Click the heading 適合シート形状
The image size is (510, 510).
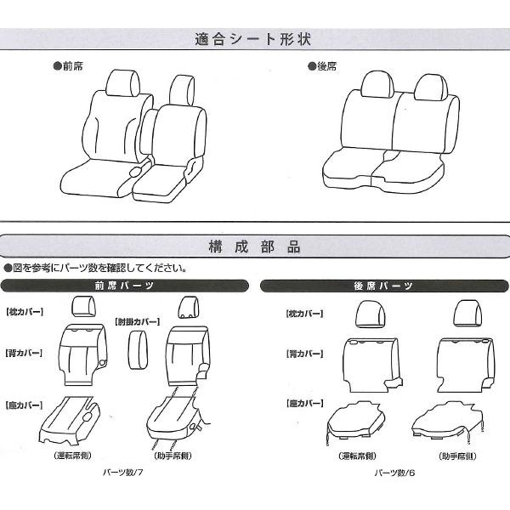click(253, 39)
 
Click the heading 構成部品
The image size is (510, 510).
click(254, 246)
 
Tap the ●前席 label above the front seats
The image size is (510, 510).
click(68, 66)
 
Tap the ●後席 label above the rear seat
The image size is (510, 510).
click(322, 66)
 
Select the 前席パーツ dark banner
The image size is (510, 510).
click(125, 286)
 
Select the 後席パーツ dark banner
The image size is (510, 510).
click(384, 286)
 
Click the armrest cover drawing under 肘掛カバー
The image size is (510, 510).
click(138, 350)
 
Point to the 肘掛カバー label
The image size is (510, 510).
click(137, 322)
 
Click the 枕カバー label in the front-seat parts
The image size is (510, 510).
click(25, 312)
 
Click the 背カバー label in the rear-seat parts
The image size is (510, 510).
click(305, 354)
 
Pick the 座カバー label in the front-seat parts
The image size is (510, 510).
click(24, 405)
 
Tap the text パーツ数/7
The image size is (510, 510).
click(123, 473)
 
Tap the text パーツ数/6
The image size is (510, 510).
click(394, 473)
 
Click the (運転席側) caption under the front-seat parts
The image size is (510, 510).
click(72, 456)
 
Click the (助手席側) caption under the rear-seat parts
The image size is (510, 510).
click(457, 456)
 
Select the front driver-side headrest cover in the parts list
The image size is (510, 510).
click(83, 306)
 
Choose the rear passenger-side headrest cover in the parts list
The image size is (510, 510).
click(467, 313)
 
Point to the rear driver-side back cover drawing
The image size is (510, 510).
click(372, 365)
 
